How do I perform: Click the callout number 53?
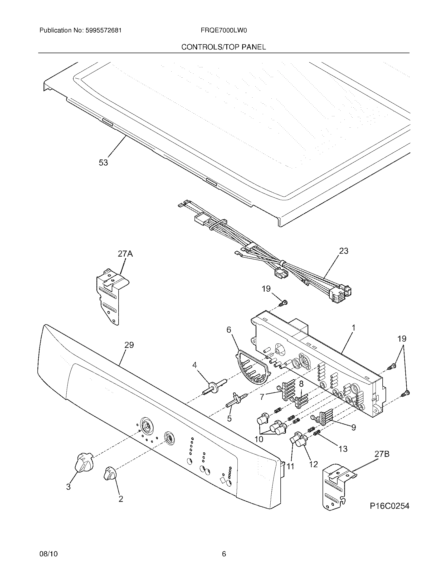pyautogui.click(x=103, y=162)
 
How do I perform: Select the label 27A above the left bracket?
pyautogui.click(x=125, y=254)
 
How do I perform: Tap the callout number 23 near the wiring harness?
pyautogui.click(x=343, y=251)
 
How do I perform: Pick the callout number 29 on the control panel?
pyautogui.click(x=129, y=345)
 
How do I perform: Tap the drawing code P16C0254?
pyautogui.click(x=389, y=506)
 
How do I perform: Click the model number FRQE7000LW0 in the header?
pyautogui.click(x=224, y=31)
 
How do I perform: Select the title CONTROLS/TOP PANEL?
pyautogui.click(x=223, y=47)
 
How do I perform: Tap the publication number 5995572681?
pyautogui.click(x=104, y=31)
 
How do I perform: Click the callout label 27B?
pyautogui.click(x=382, y=454)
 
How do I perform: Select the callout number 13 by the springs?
pyautogui.click(x=343, y=449)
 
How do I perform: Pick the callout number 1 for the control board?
pyautogui.click(x=353, y=328)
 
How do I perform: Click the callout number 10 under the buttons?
pyautogui.click(x=259, y=439)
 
